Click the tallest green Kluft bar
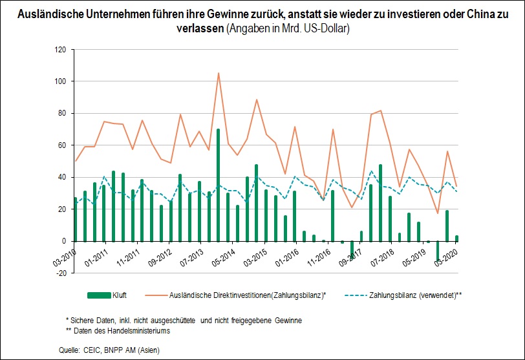point(219,185)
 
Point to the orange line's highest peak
point(219,73)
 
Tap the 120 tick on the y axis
point(60,50)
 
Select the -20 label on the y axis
point(61,273)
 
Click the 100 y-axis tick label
point(60,81)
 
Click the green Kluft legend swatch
point(99,295)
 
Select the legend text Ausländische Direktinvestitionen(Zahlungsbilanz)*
point(248,295)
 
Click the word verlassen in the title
point(200,28)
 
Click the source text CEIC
point(92,350)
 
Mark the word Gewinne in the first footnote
point(288,321)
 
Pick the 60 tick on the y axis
point(62,145)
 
